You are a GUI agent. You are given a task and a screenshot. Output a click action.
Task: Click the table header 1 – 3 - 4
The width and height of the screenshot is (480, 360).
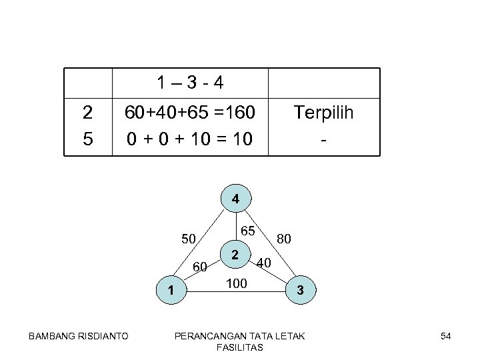coord(190,85)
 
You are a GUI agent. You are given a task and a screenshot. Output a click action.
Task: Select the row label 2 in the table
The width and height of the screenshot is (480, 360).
coord(87,113)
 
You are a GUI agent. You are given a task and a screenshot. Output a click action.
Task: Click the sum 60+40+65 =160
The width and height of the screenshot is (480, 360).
coord(190,113)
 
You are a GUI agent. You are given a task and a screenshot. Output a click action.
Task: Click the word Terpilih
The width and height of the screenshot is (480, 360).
coord(323,113)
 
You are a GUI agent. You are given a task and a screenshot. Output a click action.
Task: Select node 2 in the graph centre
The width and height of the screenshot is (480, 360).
coord(235,254)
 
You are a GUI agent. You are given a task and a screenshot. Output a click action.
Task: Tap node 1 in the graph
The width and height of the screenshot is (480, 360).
coord(171,289)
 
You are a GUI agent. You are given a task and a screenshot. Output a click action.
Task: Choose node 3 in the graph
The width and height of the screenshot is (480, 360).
coord(301,290)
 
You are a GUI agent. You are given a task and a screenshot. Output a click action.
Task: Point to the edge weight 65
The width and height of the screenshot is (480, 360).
coord(248,231)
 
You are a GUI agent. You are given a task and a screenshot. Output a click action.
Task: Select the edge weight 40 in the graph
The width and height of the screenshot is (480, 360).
coord(263,263)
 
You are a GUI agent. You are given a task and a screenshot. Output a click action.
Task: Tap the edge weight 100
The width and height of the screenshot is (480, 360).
coord(236,284)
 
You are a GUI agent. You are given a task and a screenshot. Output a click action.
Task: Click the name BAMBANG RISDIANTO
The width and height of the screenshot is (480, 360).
coord(79,336)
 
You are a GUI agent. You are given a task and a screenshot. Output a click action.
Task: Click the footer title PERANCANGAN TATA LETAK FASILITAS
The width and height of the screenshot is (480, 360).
coord(239,341)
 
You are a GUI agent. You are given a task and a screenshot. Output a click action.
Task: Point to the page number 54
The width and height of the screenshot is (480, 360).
coord(446,336)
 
